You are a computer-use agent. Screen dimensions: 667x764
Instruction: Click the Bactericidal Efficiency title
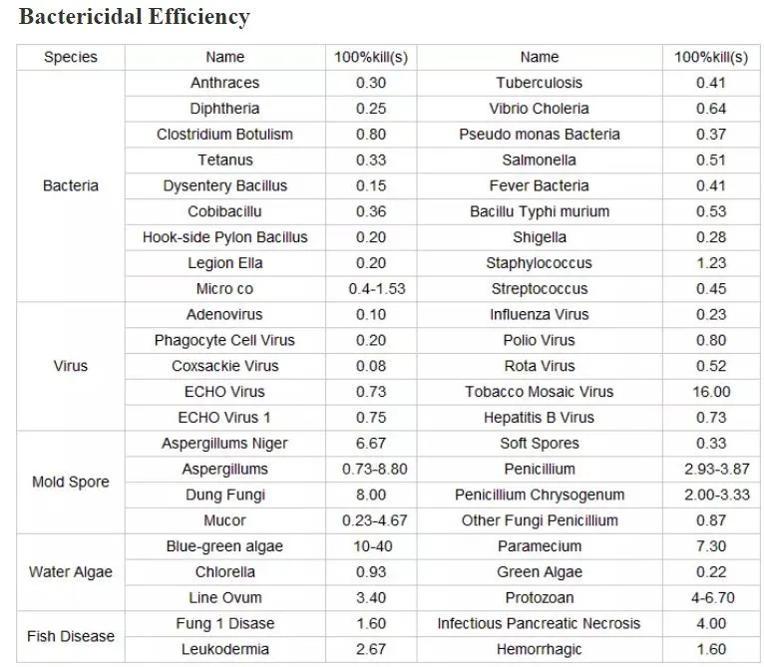pyautogui.click(x=135, y=17)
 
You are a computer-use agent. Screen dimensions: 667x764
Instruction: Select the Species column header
pyautogui.click(x=71, y=57)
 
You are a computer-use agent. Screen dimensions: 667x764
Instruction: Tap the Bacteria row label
pyautogui.click(x=71, y=185)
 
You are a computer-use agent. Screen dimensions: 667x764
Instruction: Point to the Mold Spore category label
pyautogui.click(x=71, y=482)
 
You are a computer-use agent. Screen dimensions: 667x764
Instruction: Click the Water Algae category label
pyautogui.click(x=71, y=572)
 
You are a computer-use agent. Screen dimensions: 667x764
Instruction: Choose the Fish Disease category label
pyautogui.click(x=71, y=636)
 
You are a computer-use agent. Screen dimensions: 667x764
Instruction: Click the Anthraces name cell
pyautogui.click(x=224, y=83)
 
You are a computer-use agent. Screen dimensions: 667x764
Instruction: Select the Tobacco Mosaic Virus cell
pyautogui.click(x=540, y=392)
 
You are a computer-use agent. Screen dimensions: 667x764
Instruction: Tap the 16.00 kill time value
pyautogui.click(x=712, y=392)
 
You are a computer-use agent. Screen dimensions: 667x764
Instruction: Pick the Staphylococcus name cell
pyautogui.click(x=540, y=263)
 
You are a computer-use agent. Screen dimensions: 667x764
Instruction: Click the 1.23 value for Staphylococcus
pyautogui.click(x=712, y=263)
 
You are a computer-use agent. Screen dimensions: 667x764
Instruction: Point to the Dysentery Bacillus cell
pyautogui.click(x=224, y=185)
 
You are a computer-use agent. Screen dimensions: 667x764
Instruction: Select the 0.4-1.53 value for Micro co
pyautogui.click(x=371, y=289)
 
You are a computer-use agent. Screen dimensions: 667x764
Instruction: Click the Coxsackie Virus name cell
pyautogui.click(x=224, y=366)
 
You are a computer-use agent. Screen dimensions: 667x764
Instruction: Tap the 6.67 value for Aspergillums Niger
pyautogui.click(x=371, y=444)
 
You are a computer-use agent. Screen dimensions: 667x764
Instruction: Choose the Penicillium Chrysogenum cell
pyautogui.click(x=540, y=495)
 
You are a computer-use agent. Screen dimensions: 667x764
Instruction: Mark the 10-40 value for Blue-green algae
pyautogui.click(x=371, y=546)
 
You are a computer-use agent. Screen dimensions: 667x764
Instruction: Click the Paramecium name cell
pyautogui.click(x=540, y=546)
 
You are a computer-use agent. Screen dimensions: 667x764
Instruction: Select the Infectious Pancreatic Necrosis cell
pyautogui.click(x=540, y=623)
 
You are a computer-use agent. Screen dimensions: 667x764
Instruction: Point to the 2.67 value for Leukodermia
pyautogui.click(x=371, y=649)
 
